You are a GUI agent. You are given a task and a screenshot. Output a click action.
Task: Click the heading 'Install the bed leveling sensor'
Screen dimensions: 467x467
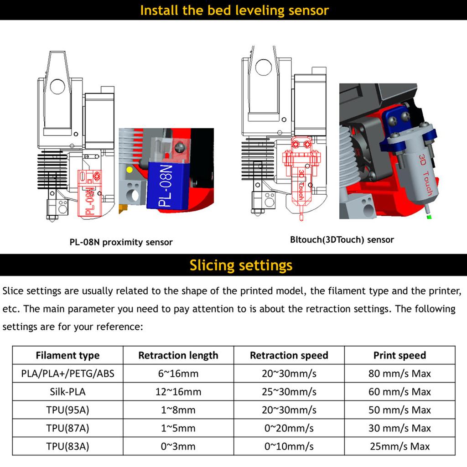pyautogui.click(x=234, y=10)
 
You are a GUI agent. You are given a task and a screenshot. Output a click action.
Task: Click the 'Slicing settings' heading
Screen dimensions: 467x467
pyautogui.click(x=241, y=265)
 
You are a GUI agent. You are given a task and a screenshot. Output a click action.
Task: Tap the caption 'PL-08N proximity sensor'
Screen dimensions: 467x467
pyautogui.click(x=121, y=242)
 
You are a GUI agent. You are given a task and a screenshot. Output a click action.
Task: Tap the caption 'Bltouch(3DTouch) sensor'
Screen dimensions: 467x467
pyautogui.click(x=342, y=239)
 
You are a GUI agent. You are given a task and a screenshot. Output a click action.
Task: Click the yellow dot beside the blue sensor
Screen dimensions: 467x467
pyautogui.click(x=130, y=170)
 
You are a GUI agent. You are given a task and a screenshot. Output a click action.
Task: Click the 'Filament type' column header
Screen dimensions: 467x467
pyautogui.click(x=67, y=355)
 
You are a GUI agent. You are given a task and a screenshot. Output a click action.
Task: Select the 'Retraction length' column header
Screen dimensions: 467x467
pyautogui.click(x=178, y=355)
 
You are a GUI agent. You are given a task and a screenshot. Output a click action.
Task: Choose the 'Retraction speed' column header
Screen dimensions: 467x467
pyautogui.click(x=289, y=355)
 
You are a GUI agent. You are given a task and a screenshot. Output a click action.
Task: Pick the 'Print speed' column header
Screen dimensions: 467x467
pyautogui.click(x=400, y=355)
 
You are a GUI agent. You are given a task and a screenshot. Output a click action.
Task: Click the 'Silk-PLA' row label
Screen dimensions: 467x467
pyautogui.click(x=67, y=392)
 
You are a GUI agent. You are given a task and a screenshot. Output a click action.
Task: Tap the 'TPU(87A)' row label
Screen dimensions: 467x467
pyautogui.click(x=67, y=428)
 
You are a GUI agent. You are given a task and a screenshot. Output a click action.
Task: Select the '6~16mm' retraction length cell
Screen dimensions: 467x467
pyautogui.click(x=178, y=374)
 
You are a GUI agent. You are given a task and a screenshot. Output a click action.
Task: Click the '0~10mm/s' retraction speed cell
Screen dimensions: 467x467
pyautogui.click(x=289, y=446)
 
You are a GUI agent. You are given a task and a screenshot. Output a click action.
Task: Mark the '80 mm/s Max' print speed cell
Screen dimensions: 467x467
pyautogui.click(x=400, y=374)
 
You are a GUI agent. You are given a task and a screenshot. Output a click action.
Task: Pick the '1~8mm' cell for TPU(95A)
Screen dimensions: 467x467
pyautogui.click(x=178, y=410)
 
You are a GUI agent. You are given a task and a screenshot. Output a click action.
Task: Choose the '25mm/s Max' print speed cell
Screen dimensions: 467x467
pyautogui.click(x=400, y=446)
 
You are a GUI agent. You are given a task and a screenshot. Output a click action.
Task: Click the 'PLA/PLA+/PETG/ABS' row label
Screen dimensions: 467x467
pyautogui.click(x=67, y=374)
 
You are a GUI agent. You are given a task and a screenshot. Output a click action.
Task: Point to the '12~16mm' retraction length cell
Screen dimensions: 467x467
pyautogui.click(x=178, y=392)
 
